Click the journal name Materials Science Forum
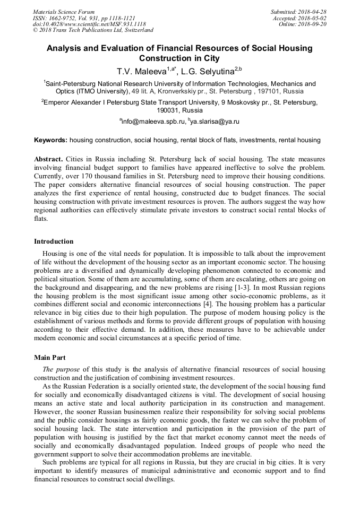pyautogui.click(x=64, y=12)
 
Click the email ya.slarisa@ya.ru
pyautogui.click(x=215, y=122)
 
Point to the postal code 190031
pyautogui.click(x=169, y=110)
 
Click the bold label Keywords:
pyautogui.click(x=50, y=140)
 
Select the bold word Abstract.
pyautogui.click(x=49, y=159)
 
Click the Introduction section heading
pyautogui.click(x=54, y=241)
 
